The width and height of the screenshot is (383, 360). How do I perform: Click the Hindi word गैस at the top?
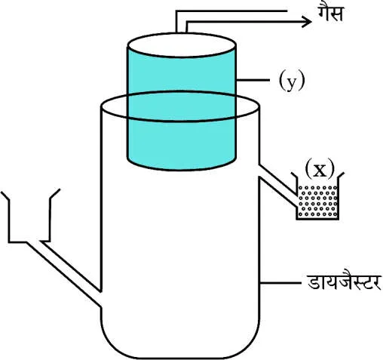click(330, 13)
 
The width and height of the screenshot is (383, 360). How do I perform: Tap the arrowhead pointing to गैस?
click(307, 21)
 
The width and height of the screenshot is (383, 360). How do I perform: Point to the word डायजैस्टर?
click(344, 282)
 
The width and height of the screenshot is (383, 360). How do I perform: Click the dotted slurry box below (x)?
click(318, 202)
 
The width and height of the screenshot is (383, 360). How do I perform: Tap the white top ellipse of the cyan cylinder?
click(182, 45)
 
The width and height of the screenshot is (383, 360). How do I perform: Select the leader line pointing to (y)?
click(253, 80)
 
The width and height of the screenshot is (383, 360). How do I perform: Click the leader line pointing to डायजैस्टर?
click(280, 283)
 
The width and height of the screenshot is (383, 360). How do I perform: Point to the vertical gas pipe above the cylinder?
click(182, 22)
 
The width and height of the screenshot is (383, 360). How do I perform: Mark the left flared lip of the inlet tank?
click(5, 195)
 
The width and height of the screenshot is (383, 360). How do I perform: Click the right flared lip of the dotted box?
click(342, 175)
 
